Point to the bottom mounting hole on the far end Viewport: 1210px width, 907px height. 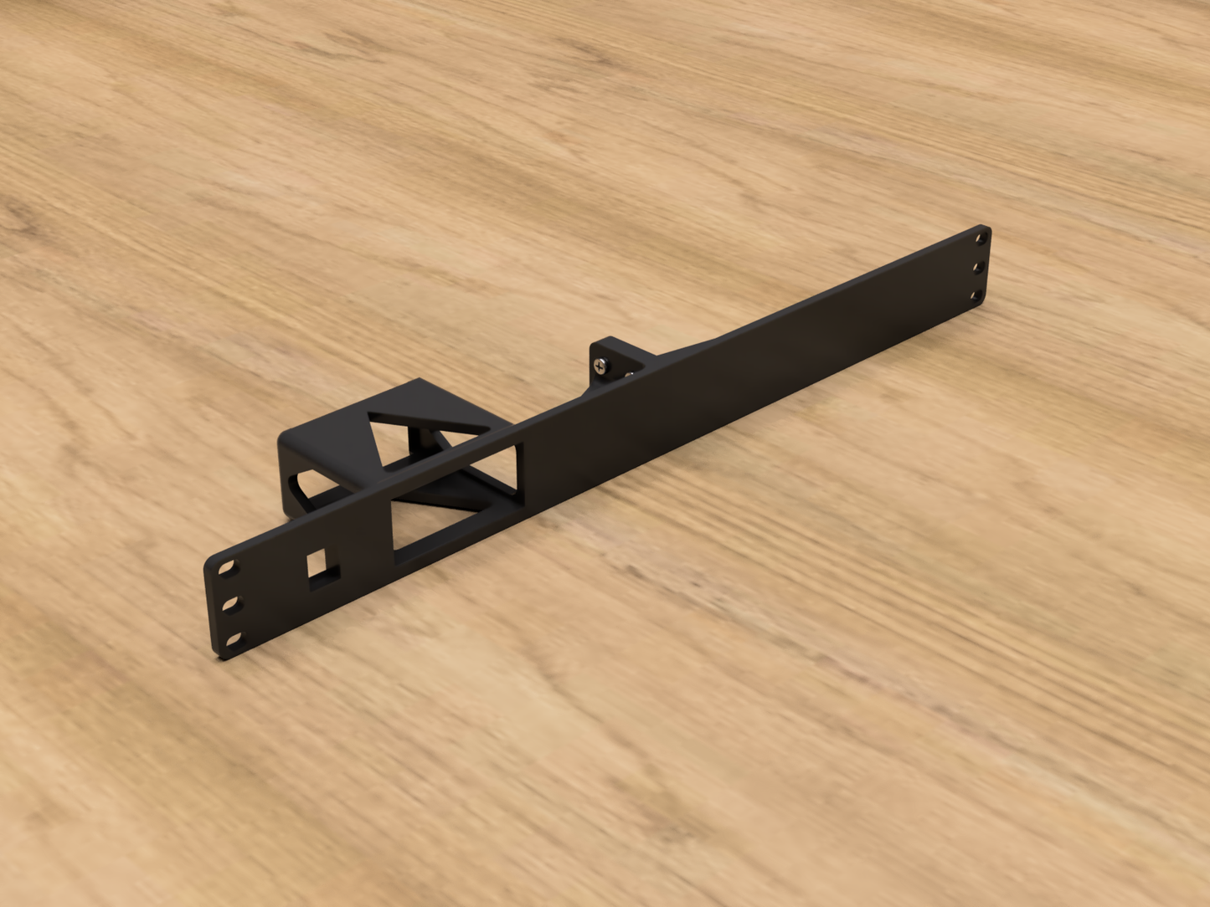[976, 295]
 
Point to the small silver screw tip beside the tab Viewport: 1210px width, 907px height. [628, 374]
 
